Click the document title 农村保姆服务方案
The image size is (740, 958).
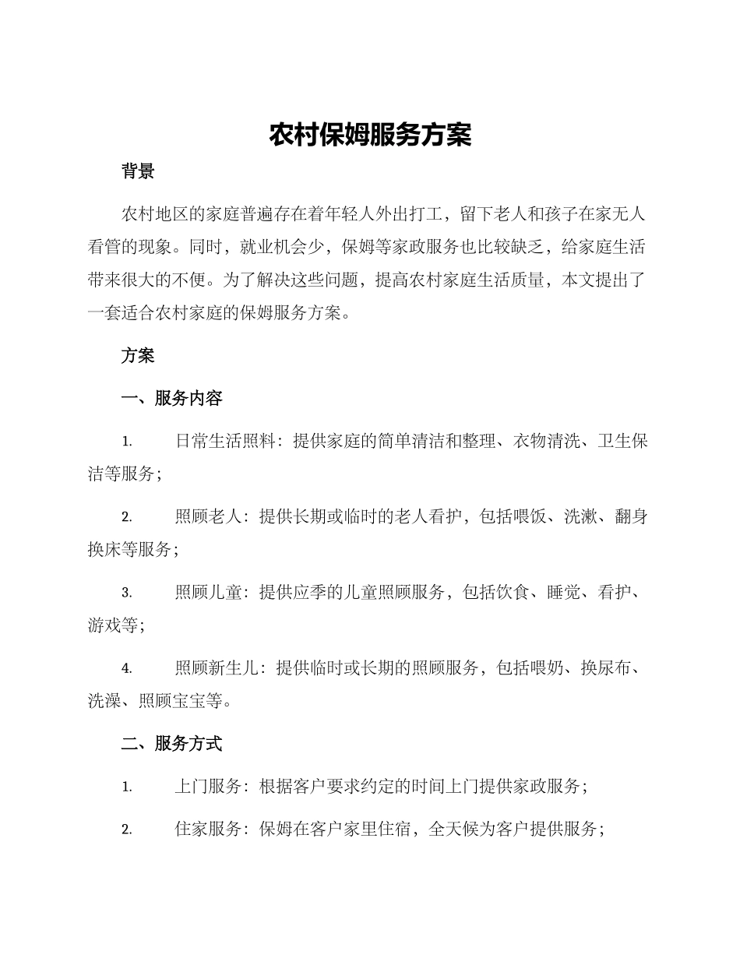coord(370,135)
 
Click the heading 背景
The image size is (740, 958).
coord(138,172)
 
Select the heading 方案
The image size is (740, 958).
coord(138,356)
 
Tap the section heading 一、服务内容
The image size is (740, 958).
coord(172,398)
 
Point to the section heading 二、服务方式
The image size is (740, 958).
coord(172,744)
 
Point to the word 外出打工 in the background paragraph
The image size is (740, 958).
coord(410,213)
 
